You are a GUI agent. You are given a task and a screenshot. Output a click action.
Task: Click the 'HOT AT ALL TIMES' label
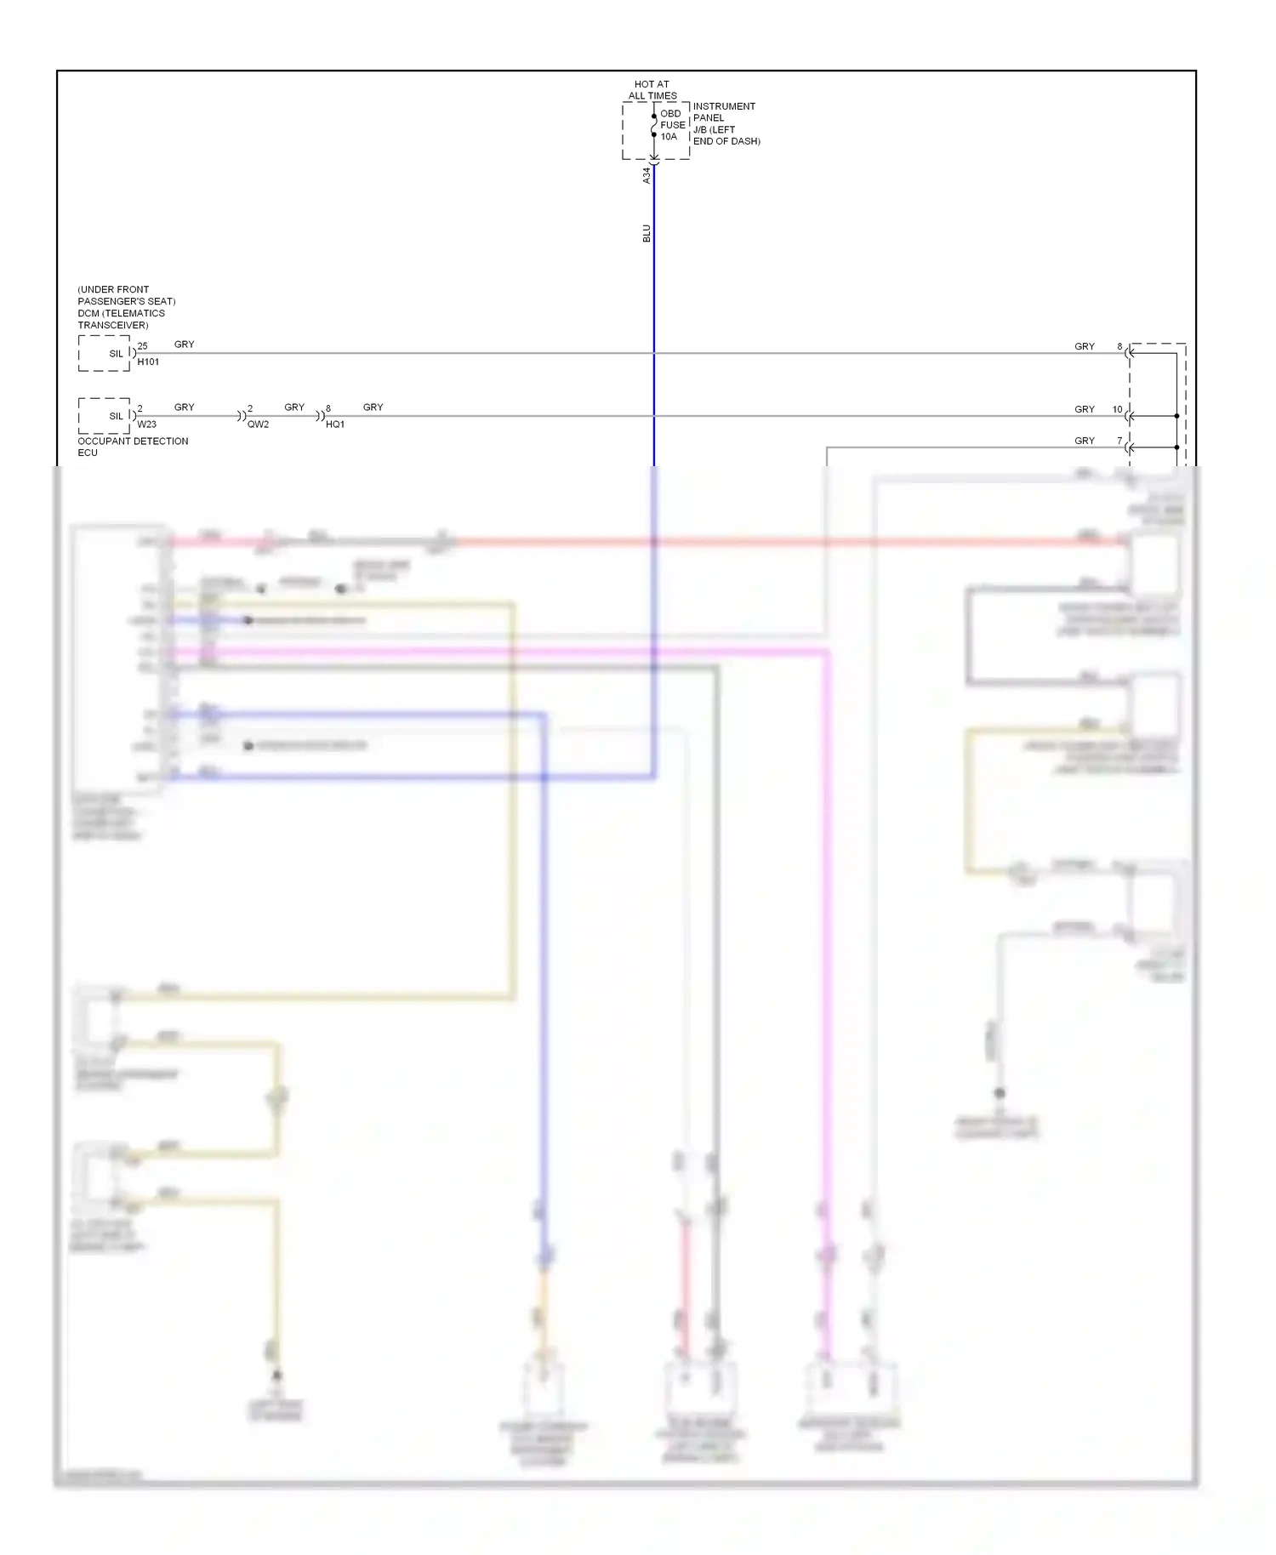point(652,90)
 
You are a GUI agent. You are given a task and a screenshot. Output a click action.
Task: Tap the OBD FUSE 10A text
point(672,125)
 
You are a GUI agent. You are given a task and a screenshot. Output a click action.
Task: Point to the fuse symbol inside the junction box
point(654,126)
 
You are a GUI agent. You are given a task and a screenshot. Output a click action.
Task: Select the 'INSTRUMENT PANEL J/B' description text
point(726,124)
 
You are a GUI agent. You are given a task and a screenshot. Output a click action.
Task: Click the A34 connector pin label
point(646,175)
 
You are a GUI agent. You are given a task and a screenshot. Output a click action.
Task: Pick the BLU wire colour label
point(646,233)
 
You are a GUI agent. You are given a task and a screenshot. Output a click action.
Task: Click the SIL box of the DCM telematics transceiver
point(105,353)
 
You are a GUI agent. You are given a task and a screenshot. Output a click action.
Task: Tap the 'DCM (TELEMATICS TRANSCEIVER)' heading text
point(125,307)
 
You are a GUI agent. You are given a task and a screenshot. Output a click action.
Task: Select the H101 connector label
point(148,362)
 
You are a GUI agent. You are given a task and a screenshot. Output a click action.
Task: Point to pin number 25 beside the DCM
point(142,346)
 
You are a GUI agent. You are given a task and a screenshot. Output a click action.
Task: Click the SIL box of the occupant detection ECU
point(105,416)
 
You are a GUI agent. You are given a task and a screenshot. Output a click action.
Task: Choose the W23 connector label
point(146,424)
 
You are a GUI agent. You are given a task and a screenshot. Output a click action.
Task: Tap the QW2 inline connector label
point(258,424)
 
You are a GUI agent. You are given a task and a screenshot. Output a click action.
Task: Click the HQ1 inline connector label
point(335,424)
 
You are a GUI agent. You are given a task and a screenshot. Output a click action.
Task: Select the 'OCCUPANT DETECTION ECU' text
point(132,447)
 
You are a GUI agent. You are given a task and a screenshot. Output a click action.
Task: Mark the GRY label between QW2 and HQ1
point(294,407)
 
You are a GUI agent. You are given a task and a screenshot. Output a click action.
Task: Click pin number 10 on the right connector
point(1117,409)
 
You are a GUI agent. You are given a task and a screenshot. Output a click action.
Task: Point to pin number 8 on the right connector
point(1119,347)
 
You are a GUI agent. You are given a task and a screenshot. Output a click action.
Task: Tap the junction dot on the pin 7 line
point(1177,447)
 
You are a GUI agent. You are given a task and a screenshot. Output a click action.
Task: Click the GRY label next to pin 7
point(1084,441)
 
